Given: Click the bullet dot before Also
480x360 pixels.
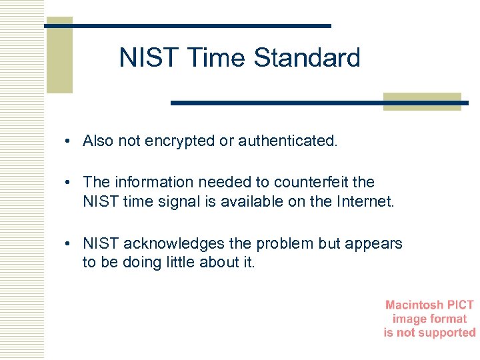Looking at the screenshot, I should [69, 141].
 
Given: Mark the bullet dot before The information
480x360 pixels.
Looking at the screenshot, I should [69, 183].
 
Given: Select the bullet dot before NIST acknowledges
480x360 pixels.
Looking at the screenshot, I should [69, 244].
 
